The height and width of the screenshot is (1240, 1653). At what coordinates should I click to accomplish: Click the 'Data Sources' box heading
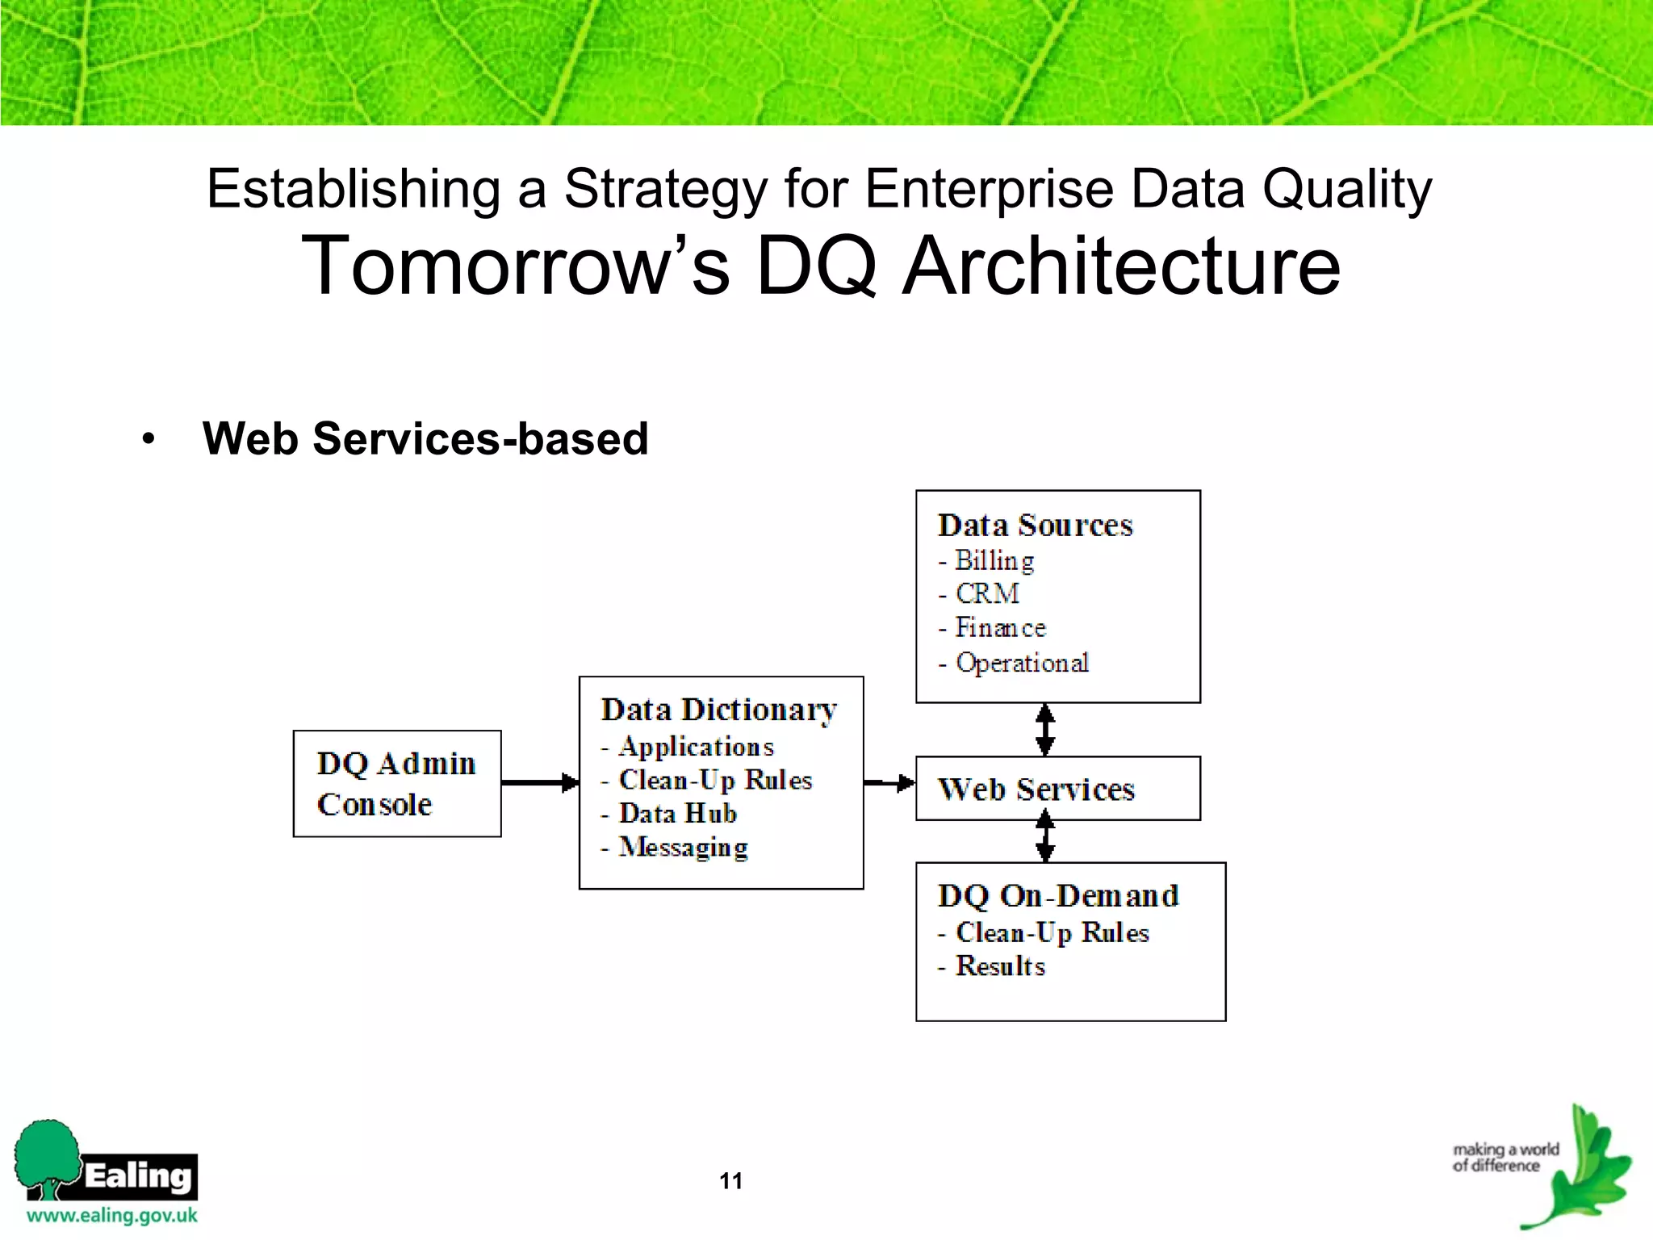(x=1035, y=526)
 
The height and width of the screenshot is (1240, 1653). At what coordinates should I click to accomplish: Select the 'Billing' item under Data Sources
(x=994, y=561)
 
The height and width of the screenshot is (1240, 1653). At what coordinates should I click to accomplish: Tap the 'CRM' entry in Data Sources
(x=986, y=594)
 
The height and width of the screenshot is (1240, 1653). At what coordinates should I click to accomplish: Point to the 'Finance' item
(x=1000, y=628)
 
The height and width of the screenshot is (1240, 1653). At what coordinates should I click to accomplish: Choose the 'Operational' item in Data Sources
(x=1022, y=663)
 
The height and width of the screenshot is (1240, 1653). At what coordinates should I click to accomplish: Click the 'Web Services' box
(x=1057, y=789)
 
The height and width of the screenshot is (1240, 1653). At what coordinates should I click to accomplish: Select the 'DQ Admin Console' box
(x=396, y=783)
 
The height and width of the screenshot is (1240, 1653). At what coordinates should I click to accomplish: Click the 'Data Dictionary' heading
(x=718, y=710)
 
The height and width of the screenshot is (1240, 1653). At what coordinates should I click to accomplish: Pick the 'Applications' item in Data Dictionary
(x=696, y=747)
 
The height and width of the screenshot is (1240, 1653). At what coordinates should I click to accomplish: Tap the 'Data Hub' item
(x=677, y=814)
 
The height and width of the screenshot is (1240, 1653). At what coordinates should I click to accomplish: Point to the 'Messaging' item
(x=683, y=848)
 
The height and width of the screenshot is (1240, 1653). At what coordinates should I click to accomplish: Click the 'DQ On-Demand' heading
(x=1057, y=896)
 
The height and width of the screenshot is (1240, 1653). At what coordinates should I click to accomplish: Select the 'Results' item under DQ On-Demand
(x=1000, y=966)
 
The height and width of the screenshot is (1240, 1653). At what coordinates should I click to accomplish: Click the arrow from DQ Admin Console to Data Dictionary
(x=539, y=782)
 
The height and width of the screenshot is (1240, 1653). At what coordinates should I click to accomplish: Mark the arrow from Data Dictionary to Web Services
(x=889, y=782)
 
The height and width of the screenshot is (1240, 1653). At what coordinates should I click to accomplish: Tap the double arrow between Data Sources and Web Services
(x=1045, y=730)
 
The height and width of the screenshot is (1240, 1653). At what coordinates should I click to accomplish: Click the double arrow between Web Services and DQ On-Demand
(x=1045, y=836)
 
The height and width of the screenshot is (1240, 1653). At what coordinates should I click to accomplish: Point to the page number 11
(x=730, y=1181)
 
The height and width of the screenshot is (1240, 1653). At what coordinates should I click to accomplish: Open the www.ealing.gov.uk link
(x=112, y=1216)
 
